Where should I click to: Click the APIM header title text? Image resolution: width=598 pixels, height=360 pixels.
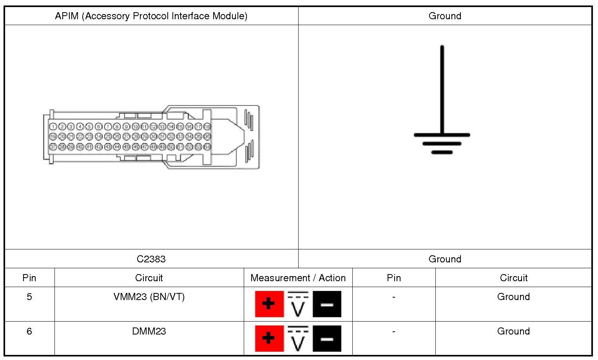[151, 16]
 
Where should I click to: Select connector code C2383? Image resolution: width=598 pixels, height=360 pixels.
[151, 259]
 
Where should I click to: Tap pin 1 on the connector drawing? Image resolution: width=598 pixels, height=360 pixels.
[53, 127]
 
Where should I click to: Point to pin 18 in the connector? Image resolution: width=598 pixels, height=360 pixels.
[207, 127]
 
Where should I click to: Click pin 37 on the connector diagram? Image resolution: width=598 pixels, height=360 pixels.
[53, 147]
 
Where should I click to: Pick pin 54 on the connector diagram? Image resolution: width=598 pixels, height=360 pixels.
[207, 147]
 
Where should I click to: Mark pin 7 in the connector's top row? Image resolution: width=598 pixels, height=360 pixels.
[107, 127]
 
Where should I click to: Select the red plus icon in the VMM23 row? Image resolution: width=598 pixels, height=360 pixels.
[269, 304]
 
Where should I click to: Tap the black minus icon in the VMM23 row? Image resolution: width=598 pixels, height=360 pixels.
[327, 304]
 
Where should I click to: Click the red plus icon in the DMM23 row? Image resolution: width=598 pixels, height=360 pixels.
[269, 338]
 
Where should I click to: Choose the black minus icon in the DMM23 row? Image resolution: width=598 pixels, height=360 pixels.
[327, 338]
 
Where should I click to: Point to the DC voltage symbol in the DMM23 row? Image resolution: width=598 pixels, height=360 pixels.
[298, 338]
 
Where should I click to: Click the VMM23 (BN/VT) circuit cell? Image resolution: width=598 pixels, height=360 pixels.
[149, 297]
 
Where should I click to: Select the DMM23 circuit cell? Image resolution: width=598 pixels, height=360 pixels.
[149, 331]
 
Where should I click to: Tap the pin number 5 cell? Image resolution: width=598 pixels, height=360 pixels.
[29, 297]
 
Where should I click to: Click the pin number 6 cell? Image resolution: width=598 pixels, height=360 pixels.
[29, 331]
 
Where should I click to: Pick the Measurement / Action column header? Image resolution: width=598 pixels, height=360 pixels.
[298, 278]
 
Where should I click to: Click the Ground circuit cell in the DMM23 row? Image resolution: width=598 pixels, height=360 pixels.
[513, 331]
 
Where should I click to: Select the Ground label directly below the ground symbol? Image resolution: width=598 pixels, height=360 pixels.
[445, 259]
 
